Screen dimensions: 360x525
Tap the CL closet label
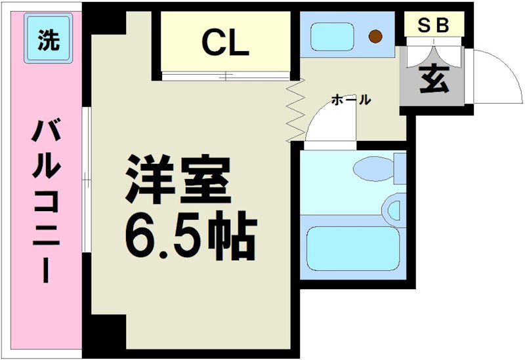pos(224,43)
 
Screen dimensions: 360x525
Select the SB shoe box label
pos(433,25)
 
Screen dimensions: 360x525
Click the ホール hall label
pos(351,100)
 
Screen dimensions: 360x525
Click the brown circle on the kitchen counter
pos(375,37)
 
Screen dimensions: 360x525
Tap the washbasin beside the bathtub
pos(394,210)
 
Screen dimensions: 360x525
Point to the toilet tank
pos(398,169)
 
